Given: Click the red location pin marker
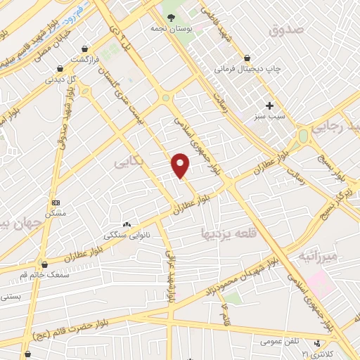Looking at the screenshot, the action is click(x=181, y=165).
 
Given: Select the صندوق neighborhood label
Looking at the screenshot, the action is click(x=286, y=30).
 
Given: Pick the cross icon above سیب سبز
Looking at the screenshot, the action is click(x=269, y=105).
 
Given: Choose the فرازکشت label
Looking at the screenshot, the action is click(x=84, y=61).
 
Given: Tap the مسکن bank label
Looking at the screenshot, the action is click(x=55, y=212).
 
